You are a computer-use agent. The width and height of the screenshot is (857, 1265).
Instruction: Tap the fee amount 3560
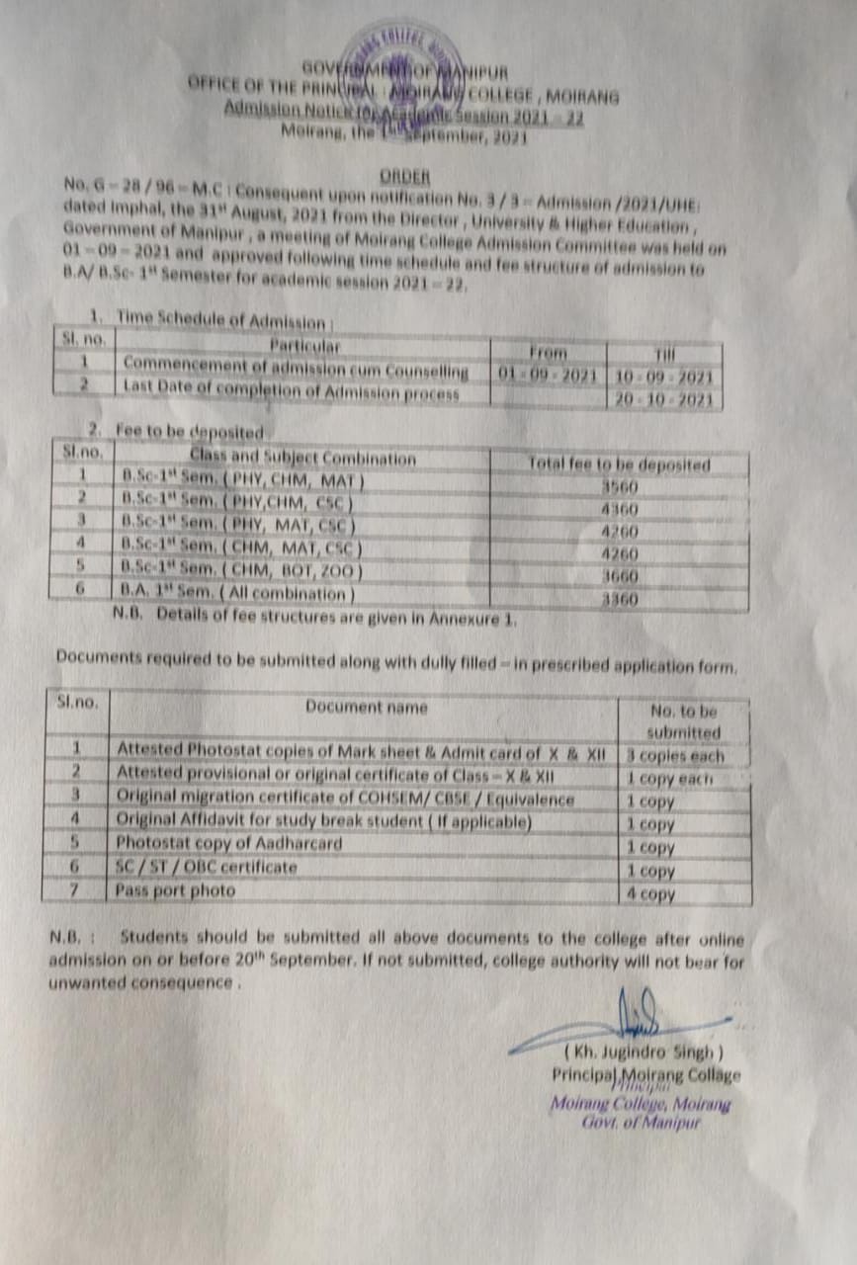pos(620,486)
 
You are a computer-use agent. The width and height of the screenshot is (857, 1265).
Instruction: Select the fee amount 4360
pos(620,510)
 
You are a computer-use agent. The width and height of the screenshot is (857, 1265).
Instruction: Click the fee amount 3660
pos(620,576)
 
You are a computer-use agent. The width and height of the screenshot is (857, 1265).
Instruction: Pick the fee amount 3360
pos(620,599)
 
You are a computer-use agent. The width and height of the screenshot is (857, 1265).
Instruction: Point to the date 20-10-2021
pos(663,399)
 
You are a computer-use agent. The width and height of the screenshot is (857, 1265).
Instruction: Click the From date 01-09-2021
pos(548,377)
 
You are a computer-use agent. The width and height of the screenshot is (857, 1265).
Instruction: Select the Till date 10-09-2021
pos(663,377)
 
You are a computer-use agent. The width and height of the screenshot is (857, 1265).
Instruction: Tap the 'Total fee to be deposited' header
pos(619,464)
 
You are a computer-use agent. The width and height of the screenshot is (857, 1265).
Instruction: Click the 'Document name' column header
pos(366,707)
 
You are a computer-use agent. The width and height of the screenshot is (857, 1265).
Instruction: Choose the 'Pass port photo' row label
pos(176,890)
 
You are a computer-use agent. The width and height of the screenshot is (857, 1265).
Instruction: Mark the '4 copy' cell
pos(650,893)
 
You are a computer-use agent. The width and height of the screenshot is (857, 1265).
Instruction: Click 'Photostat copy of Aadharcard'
pos(229,843)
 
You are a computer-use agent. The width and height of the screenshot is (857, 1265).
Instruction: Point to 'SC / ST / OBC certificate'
pos(207,867)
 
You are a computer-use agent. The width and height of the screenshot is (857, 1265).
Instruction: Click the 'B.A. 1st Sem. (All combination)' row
pos(237,594)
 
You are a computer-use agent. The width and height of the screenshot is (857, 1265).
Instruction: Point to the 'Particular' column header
pos(304,346)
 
